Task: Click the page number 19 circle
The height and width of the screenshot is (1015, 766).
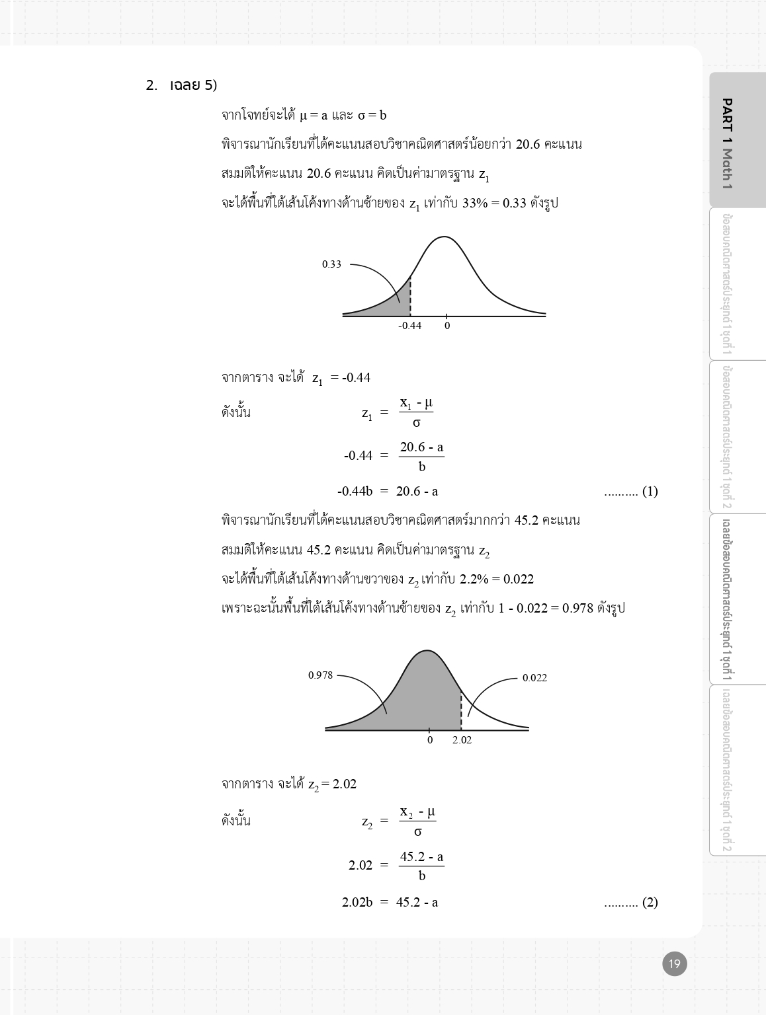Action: point(675,963)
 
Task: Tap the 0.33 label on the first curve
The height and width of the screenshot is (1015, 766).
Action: point(331,264)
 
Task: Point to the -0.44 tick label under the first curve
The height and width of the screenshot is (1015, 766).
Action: point(409,326)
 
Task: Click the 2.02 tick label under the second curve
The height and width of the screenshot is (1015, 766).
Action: point(462,740)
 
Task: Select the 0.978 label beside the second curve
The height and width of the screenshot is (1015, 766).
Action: point(320,675)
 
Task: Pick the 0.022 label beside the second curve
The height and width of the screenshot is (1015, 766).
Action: point(534,678)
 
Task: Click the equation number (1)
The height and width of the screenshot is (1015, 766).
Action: point(650,491)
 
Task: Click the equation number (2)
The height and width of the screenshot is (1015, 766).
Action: point(650,902)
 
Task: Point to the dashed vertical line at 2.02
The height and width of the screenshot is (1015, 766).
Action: point(461,710)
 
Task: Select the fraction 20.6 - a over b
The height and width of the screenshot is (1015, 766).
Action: point(421,457)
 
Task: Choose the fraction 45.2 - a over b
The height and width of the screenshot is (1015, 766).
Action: point(421,866)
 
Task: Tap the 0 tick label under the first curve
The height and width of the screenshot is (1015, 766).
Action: point(447,326)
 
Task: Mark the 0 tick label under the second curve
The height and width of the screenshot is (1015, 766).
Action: point(429,740)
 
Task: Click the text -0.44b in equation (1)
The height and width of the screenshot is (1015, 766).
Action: point(355,491)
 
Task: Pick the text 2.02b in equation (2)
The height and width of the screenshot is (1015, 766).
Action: point(357,902)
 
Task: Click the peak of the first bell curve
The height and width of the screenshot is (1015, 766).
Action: point(444,237)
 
